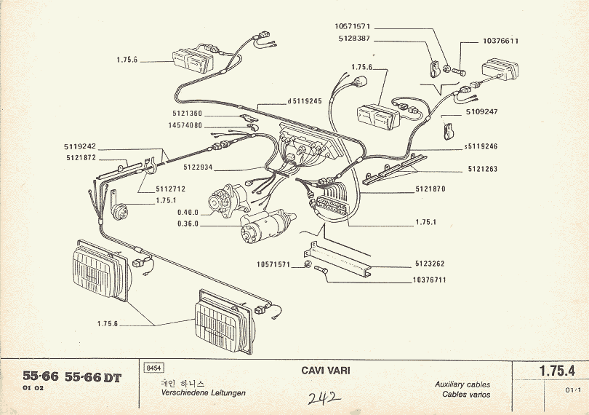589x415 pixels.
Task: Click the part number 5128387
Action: [x=354, y=38]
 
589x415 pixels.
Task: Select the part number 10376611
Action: [x=500, y=41]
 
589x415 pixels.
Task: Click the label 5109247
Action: [x=481, y=112]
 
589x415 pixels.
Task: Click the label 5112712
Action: [x=171, y=188]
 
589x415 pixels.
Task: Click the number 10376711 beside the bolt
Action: [x=430, y=280]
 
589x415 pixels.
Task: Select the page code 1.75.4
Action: [x=557, y=371]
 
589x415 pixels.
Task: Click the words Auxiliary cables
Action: [x=462, y=384]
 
